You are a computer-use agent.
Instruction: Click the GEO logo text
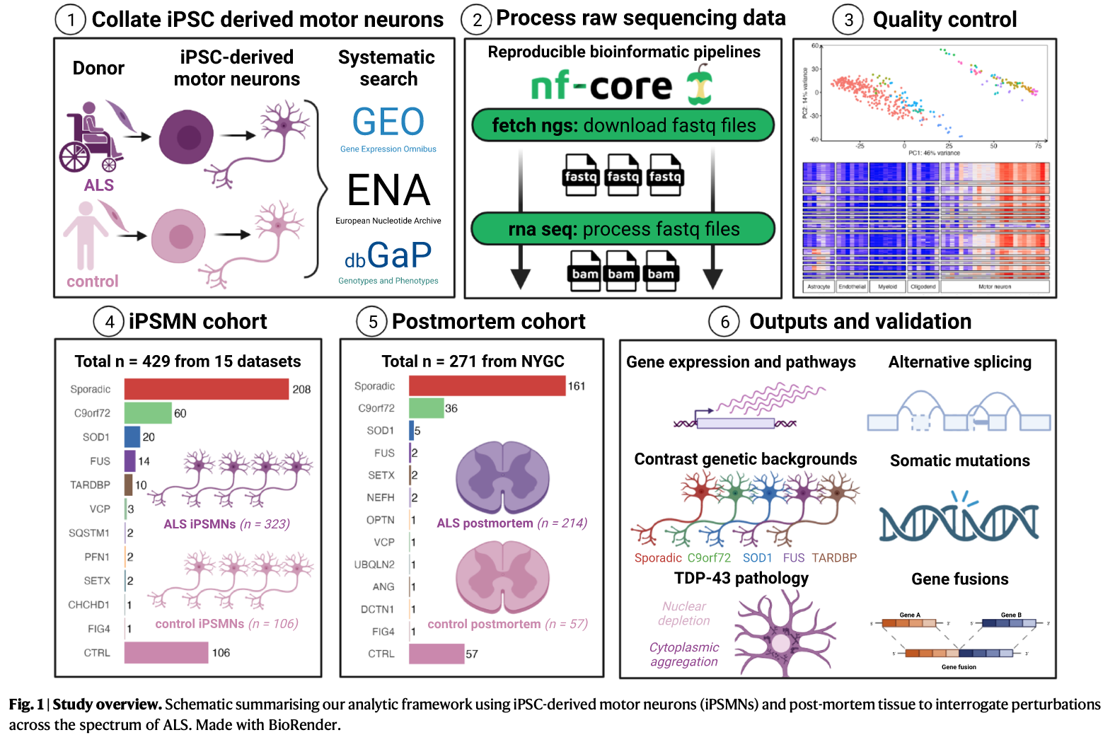388,122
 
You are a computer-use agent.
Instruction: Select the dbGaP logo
388,255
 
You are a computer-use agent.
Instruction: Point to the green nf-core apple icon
700,84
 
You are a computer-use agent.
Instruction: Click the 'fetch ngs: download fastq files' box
623,126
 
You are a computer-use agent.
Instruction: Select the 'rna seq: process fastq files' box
623,229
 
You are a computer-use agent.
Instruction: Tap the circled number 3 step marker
848,20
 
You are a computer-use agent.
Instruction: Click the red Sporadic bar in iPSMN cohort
207,389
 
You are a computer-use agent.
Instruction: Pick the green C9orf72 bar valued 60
148,413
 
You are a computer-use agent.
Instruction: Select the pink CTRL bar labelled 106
166,653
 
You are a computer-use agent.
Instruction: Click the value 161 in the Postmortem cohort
577,386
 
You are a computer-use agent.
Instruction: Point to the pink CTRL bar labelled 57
437,654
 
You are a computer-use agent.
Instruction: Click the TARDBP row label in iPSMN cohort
90,485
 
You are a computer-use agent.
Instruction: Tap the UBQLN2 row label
374,564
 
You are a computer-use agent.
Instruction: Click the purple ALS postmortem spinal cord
502,477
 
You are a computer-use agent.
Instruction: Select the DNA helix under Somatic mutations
959,521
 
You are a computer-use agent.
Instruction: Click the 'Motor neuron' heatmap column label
994,286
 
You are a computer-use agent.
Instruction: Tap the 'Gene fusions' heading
959,579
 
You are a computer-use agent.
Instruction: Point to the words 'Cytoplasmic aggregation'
684,654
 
